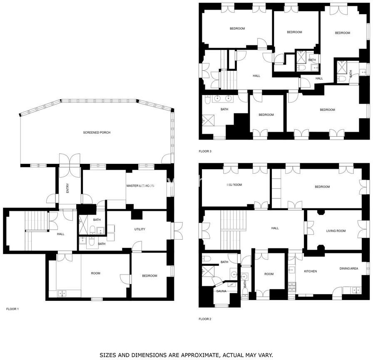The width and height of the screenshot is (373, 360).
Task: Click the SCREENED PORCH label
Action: coord(97,132)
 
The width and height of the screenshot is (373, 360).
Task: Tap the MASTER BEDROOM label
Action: coord(140,186)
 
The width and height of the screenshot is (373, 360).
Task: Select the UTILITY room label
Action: coord(139,229)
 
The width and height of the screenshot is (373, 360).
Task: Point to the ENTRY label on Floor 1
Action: coord(67,188)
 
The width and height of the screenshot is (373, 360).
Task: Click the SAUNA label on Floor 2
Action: coord(221,291)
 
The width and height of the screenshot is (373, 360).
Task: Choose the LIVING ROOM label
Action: coord(336,231)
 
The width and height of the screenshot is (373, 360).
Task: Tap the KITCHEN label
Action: coord(311,271)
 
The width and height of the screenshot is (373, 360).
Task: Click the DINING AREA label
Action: coord(348,268)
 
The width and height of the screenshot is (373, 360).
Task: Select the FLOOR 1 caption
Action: coord(12,309)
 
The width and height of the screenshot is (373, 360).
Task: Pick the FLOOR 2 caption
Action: coord(205,319)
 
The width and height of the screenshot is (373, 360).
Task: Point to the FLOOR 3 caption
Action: coord(205,151)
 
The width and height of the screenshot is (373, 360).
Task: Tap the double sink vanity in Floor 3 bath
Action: coord(222,98)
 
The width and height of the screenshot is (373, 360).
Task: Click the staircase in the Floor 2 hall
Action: coord(233,230)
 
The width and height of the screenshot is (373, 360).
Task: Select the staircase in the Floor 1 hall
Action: coord(36,221)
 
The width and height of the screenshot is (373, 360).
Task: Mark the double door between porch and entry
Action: coord(70,165)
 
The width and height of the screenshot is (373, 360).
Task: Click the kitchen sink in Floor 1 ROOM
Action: coord(62,293)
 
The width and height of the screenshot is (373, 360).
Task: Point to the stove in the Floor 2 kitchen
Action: coord(292,287)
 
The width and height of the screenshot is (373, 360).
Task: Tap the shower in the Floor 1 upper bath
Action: coord(83,225)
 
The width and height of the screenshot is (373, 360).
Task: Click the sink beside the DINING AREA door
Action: coord(356,290)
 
